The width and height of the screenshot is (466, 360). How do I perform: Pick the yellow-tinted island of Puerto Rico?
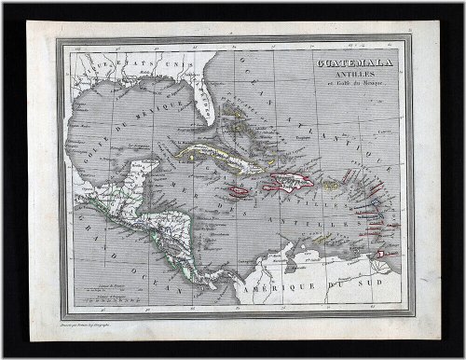pos(329,187)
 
